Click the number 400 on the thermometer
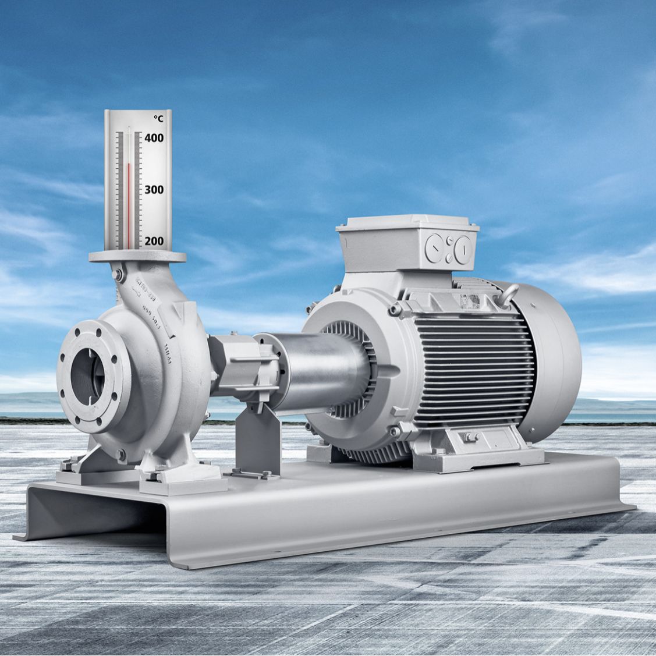[154, 138]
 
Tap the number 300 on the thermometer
[154, 190]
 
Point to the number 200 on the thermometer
[154, 240]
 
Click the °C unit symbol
[158, 119]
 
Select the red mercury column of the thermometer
[129, 204]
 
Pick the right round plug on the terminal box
[462, 249]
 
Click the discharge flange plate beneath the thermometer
[137, 256]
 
